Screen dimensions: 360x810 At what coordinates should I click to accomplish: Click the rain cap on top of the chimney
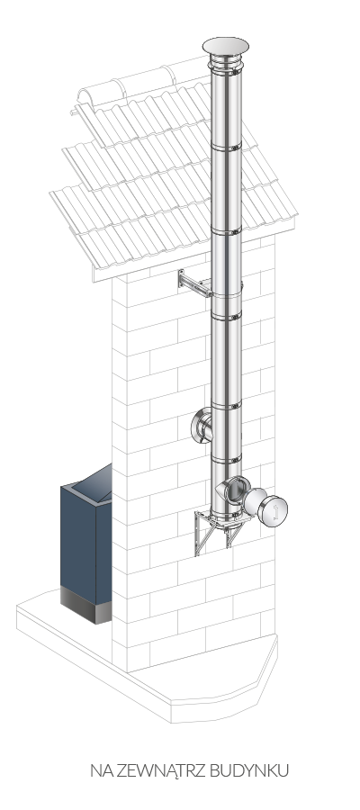pyautogui.click(x=225, y=46)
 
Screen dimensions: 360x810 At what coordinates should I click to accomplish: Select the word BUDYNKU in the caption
pyautogui.click(x=249, y=770)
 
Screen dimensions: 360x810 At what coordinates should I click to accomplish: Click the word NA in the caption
pyautogui.click(x=102, y=770)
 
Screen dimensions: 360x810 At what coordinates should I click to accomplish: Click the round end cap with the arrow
pyautogui.click(x=274, y=511)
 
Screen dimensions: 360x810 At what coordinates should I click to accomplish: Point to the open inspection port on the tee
pyautogui.click(x=237, y=490)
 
